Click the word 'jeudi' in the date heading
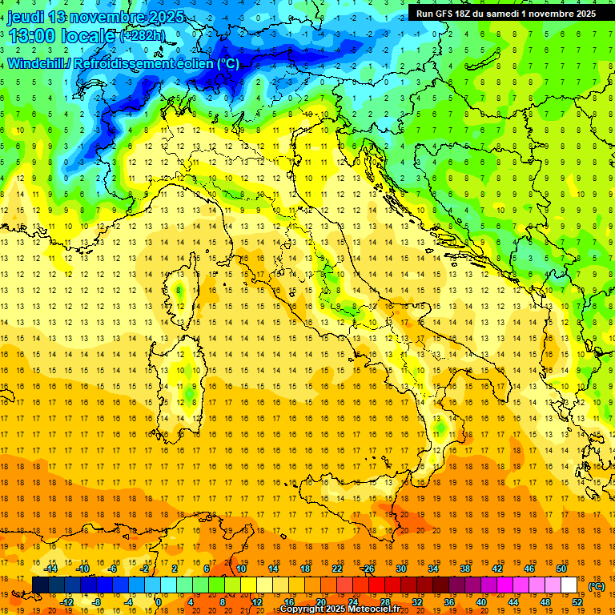pyautogui.click(x=26, y=17)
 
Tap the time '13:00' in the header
pyautogui.click(x=31, y=36)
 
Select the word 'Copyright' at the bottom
pyautogui.click(x=304, y=609)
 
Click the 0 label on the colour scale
pyautogui.click(x=158, y=602)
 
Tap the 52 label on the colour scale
pyautogui.click(x=577, y=602)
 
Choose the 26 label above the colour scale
pyautogui.click(x=368, y=569)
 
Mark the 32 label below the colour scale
pyautogui.click(x=416, y=602)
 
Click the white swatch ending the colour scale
pyautogui.click(x=569, y=585)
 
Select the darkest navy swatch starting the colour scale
pyautogui.click(x=40, y=585)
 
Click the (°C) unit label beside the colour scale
pyautogui.click(x=597, y=586)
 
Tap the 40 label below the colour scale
pyautogui.click(x=480, y=602)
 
